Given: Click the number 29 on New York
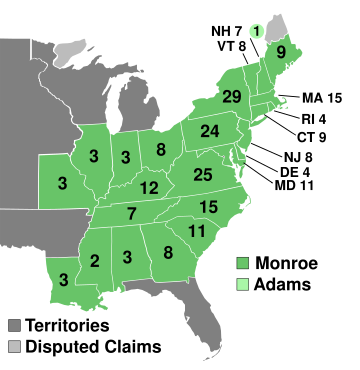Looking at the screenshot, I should coord(233,97).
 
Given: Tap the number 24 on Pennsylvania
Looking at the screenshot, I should coord(209,131).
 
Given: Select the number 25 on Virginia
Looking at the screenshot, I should coord(203,175).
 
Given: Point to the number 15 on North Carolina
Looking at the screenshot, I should coord(208,207).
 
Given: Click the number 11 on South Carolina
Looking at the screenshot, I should coord(197,231).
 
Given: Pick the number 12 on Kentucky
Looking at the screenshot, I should coord(149,188).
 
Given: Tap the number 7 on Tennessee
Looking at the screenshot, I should coord(132,213).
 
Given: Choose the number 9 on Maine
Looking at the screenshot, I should coord(281,52).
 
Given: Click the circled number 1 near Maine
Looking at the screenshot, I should coord(256,31).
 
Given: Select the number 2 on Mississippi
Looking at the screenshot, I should coord(94,262).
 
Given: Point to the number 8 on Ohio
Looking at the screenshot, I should coord(161,150).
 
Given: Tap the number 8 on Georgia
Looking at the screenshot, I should coord(168,252).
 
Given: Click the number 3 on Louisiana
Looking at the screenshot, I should coord(63,279).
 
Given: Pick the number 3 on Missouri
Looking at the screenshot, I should coord(62,184).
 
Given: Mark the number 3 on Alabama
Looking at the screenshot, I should coord(127,258).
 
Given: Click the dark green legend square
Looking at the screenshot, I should coord(242,265).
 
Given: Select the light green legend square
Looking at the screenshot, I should coord(242,286).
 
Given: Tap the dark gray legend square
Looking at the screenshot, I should coord(15,326).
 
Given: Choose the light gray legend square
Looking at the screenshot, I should coord(15,346).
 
